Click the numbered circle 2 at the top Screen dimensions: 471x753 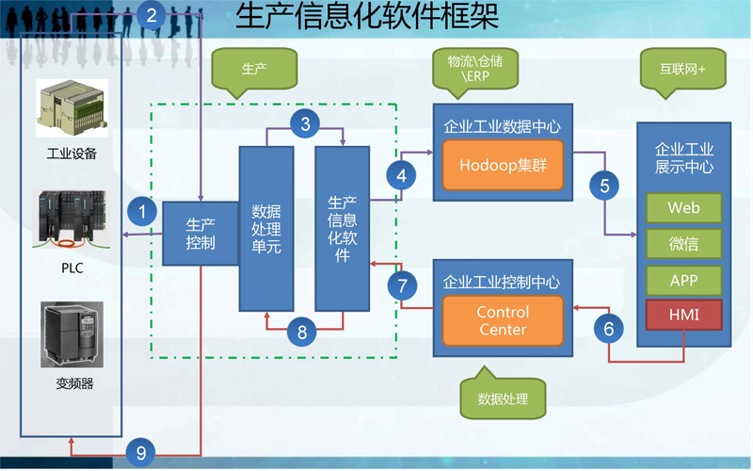coord(153,13)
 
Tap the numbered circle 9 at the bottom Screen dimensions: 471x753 coord(141,453)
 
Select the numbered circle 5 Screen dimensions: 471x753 coord(605,185)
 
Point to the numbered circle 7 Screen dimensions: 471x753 coord(402,284)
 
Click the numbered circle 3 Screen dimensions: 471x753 coord(304,122)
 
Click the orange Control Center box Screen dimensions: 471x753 coord(503,320)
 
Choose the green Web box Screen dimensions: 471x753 coord(683,207)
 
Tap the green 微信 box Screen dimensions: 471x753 coord(683,244)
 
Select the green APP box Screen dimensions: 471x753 coord(683,280)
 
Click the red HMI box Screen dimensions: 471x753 coord(683,315)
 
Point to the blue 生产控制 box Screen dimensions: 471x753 coord(200,234)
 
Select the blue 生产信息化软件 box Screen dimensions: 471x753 coord(342,228)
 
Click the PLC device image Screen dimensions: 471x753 coord(72,222)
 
